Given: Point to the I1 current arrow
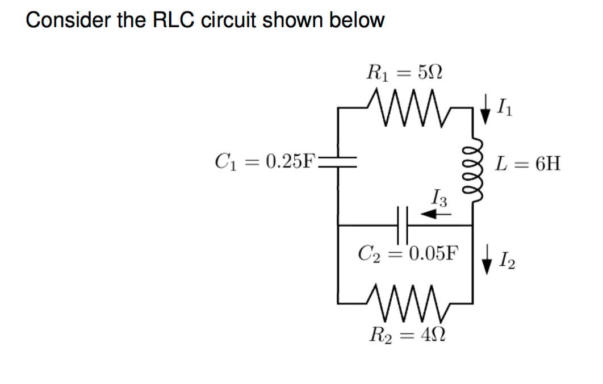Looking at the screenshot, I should click(485, 110).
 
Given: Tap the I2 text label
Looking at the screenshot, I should click(504, 263).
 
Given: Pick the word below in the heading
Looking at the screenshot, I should click(357, 20).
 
